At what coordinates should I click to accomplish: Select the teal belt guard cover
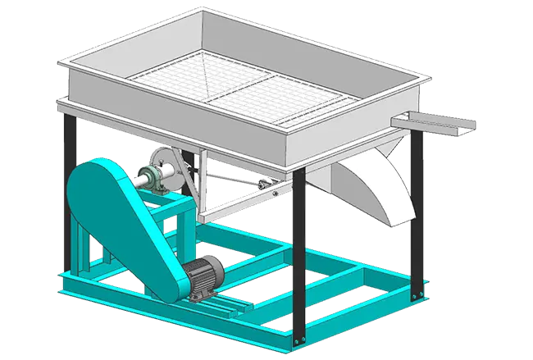click(123, 217)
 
